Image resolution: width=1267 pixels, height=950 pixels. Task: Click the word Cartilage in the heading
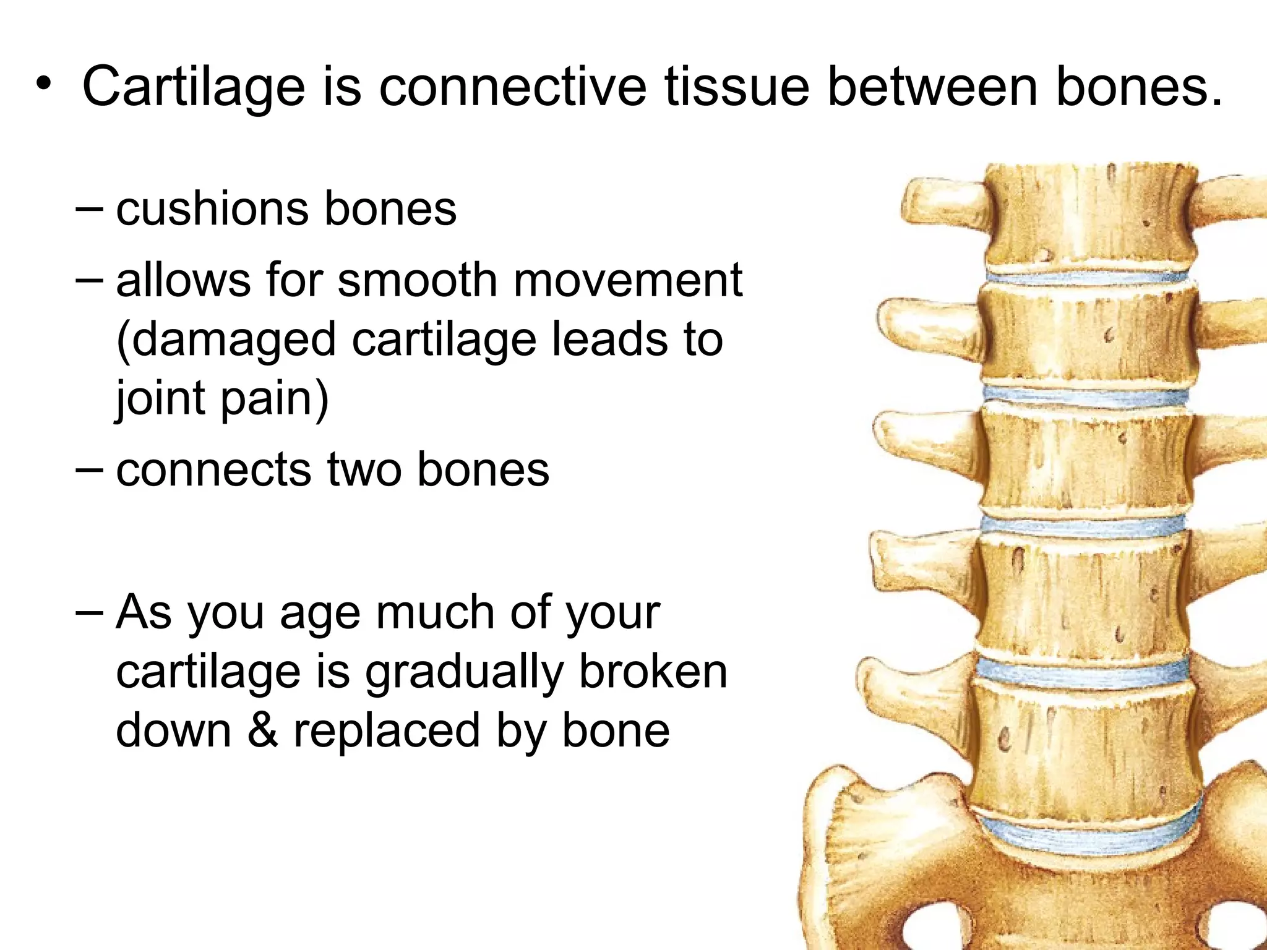click(x=193, y=88)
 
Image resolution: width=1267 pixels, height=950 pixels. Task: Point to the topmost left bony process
click(x=947, y=204)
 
